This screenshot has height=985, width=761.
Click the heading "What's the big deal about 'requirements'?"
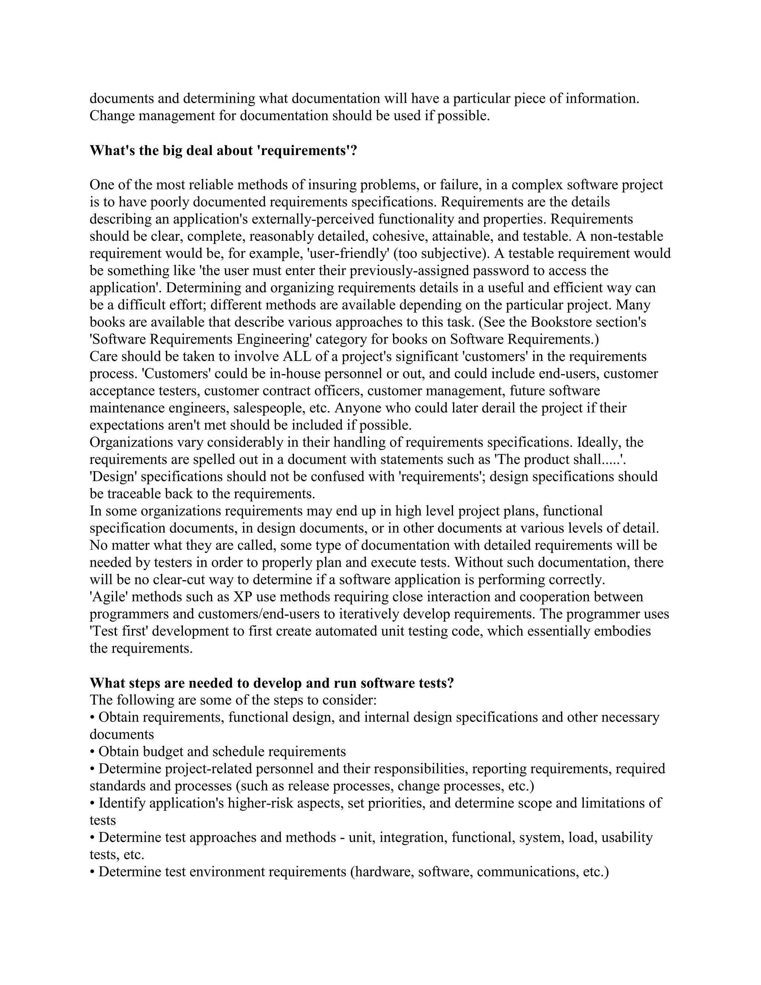pyautogui.click(x=223, y=150)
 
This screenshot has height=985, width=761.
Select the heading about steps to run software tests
pyautogui.click(x=271, y=683)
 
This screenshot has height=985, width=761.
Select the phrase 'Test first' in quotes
pyautogui.click(x=119, y=631)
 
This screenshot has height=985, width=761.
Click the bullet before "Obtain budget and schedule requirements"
pyautogui.click(x=93, y=752)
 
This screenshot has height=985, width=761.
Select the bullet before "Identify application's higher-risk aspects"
pyautogui.click(x=93, y=803)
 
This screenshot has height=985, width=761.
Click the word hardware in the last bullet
pyautogui.click(x=383, y=872)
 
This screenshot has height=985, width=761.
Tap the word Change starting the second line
pyautogui.click(x=112, y=116)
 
